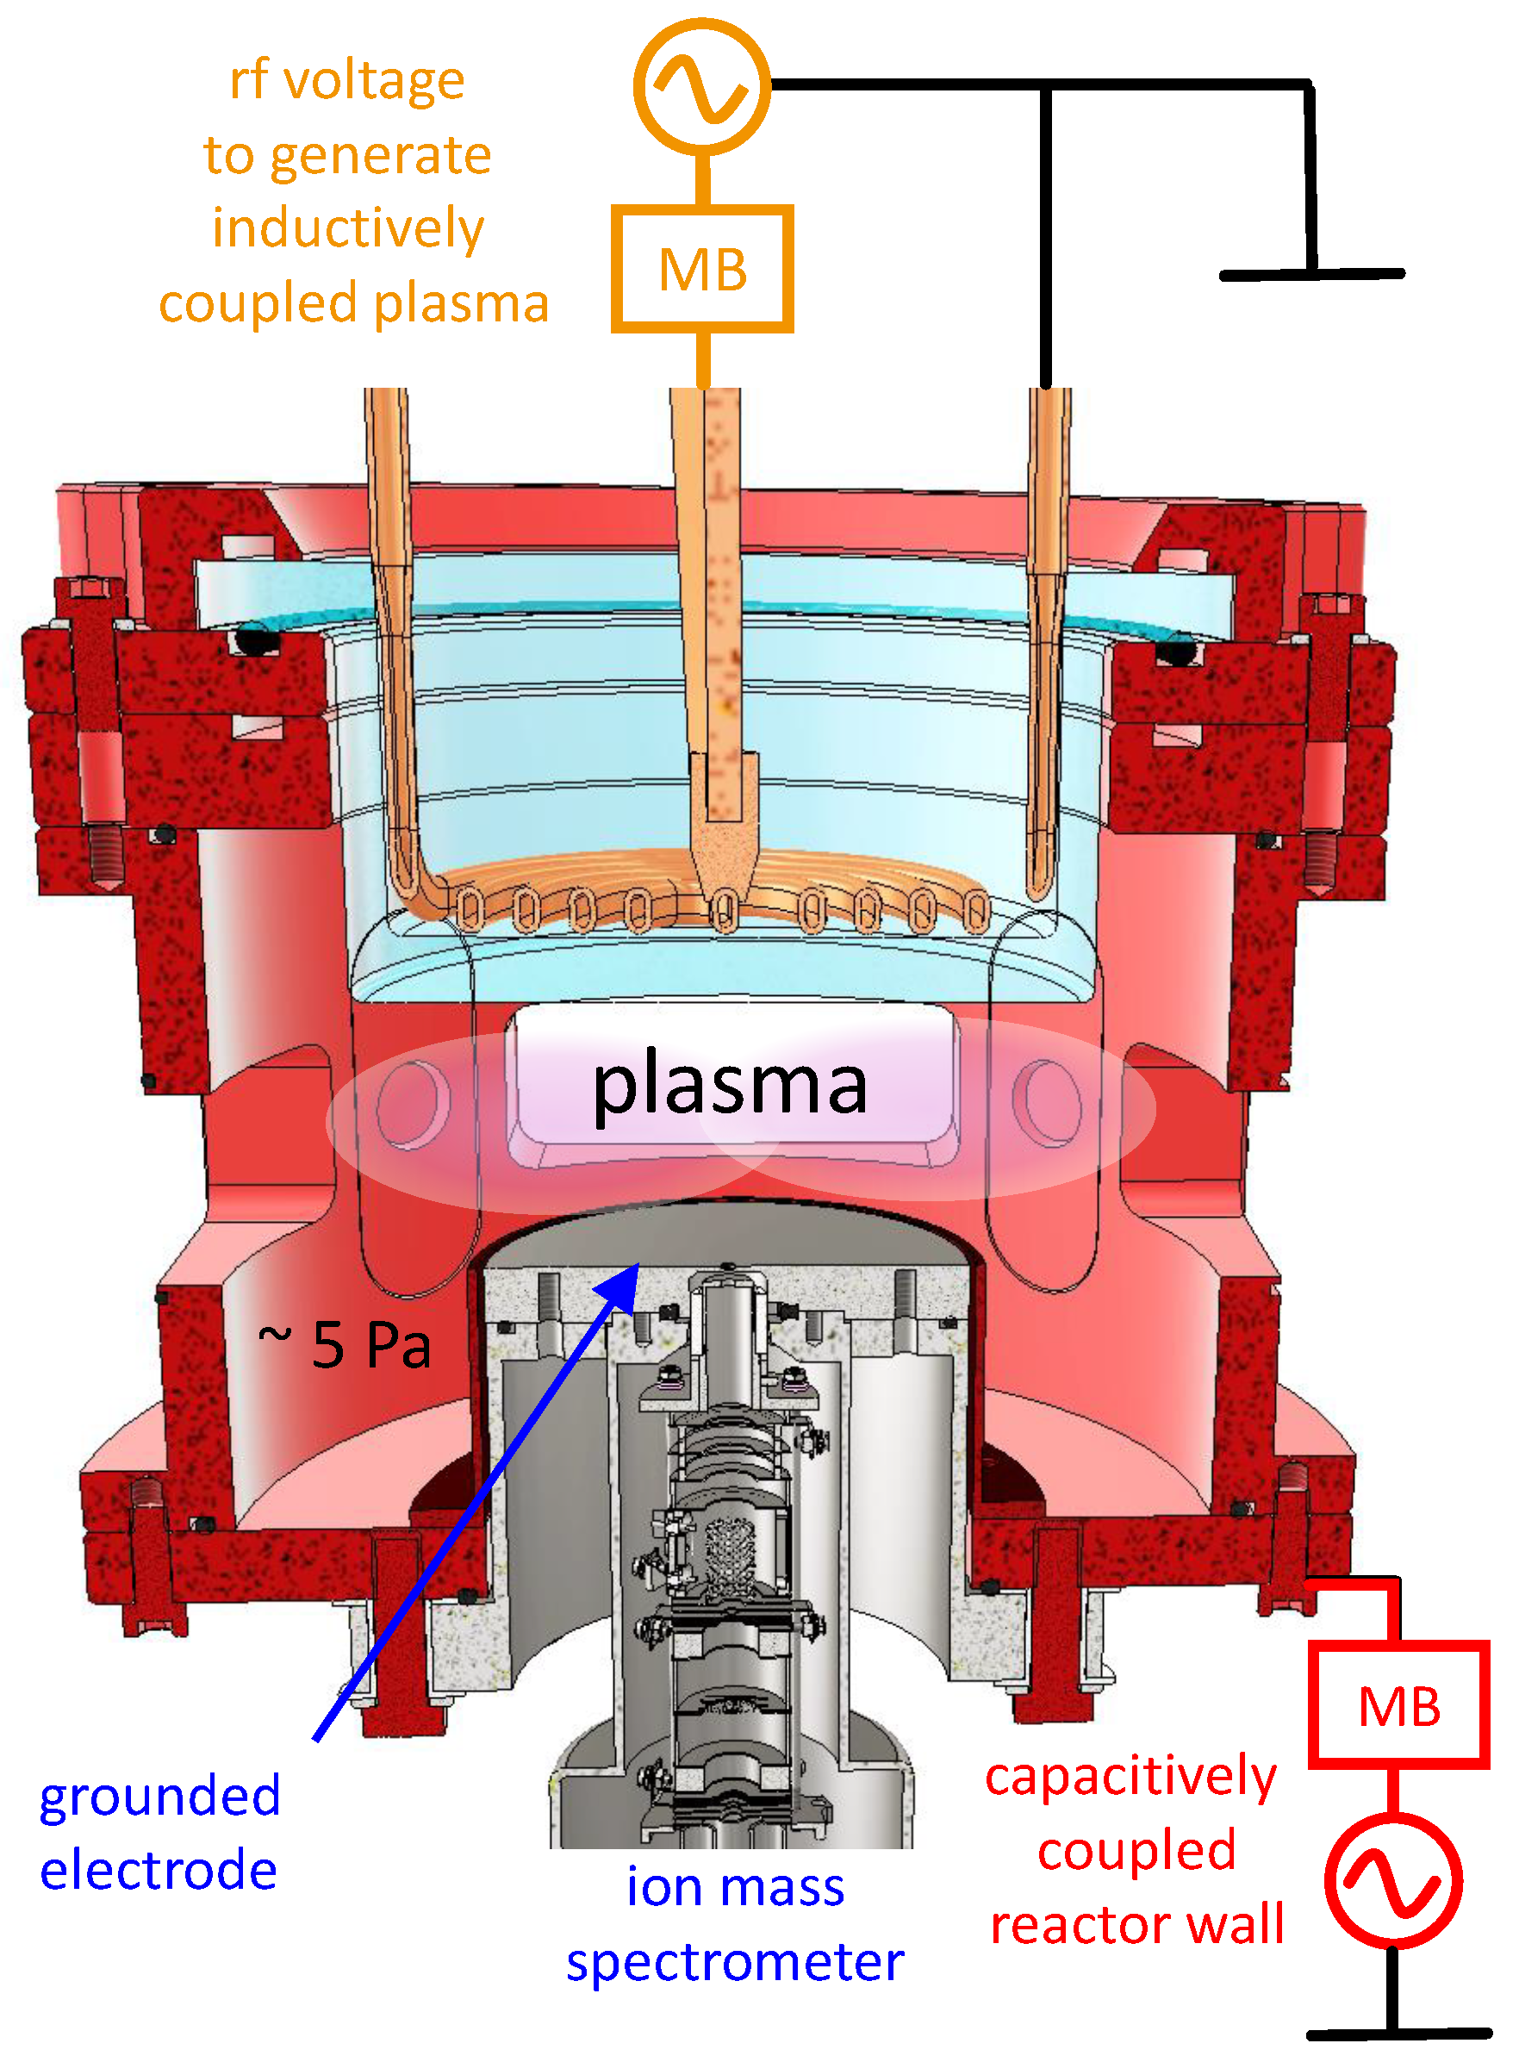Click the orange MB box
point(702,269)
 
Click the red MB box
point(1398,1706)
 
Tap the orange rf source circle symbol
point(701,87)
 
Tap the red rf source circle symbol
point(1393,1881)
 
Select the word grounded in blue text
point(160,1797)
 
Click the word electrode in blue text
point(159,1871)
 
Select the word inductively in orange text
point(347,228)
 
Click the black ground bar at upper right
point(1311,274)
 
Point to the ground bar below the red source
point(1398,2034)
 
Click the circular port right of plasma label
point(1048,1101)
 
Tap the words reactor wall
point(1136,1924)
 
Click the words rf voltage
point(346,80)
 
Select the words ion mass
point(735,1887)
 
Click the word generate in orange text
point(381,155)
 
